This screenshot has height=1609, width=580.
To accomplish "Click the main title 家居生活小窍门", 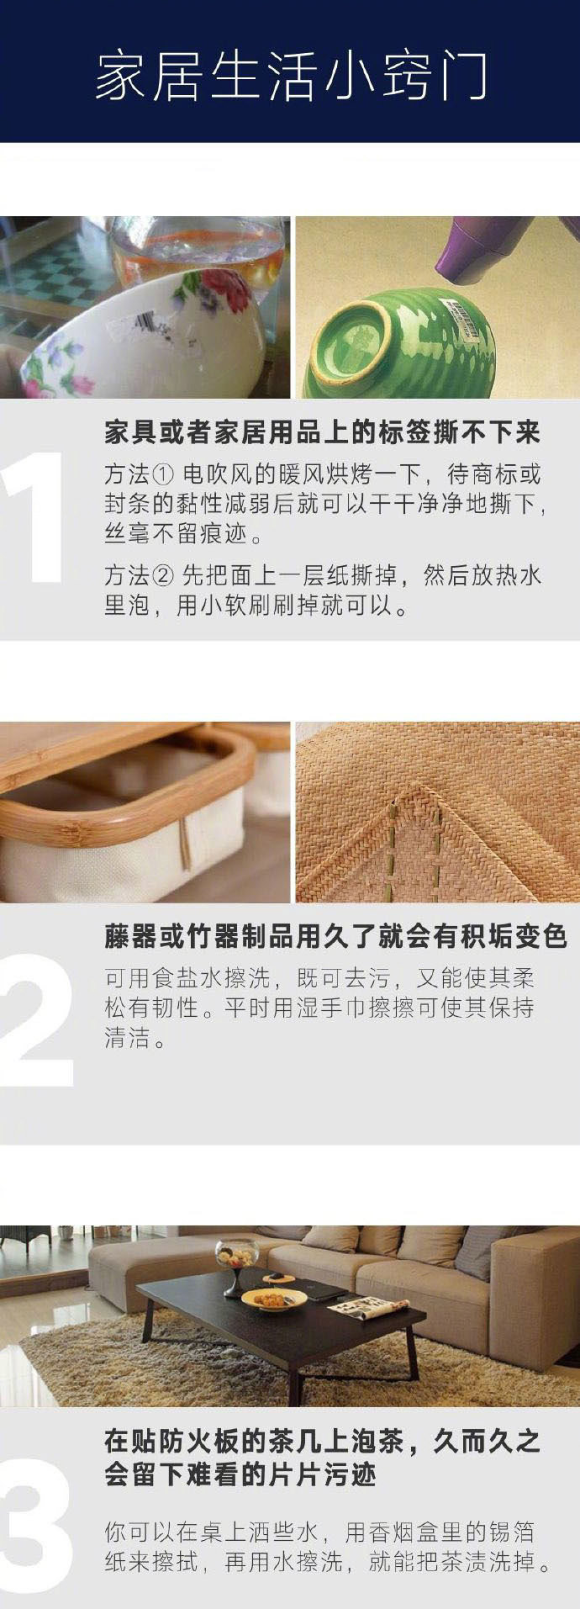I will click(290, 77).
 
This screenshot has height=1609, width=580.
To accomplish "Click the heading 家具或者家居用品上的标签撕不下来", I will click(322, 432).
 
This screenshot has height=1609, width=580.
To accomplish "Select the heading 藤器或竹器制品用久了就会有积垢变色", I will click(335, 936).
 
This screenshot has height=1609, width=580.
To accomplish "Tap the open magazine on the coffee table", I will click(366, 1307).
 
